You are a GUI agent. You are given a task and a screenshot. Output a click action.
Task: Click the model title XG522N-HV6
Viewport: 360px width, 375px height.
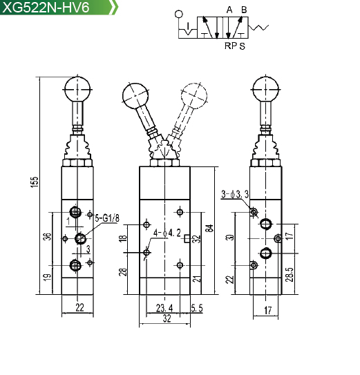click(46, 7)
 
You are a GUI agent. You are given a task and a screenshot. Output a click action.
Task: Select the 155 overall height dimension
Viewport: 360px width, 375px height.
click(35, 182)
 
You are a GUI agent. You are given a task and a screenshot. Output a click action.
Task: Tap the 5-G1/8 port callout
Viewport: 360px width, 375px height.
click(107, 218)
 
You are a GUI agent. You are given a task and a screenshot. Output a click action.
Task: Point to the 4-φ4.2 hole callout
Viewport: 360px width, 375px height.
click(167, 233)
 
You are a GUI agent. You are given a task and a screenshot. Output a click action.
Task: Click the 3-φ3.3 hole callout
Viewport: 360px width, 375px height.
click(235, 194)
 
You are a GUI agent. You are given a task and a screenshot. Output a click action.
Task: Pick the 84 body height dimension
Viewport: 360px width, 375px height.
click(209, 228)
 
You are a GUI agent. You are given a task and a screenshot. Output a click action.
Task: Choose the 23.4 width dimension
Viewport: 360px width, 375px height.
click(164, 308)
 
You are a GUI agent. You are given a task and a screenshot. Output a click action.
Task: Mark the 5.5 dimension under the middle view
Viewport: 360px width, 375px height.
click(197, 308)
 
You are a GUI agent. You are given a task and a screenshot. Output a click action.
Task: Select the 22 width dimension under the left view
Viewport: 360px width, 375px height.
click(79, 307)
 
